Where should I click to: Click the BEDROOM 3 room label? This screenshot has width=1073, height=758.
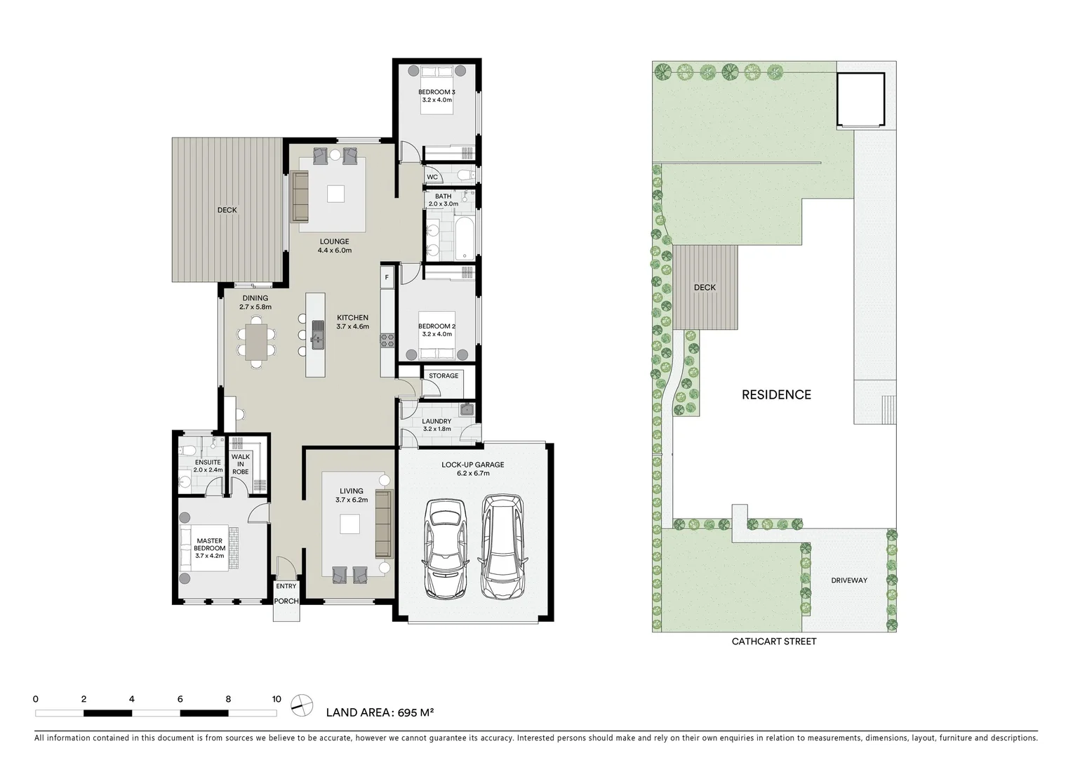pyautogui.click(x=436, y=92)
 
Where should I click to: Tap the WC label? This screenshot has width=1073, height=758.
pyautogui.click(x=432, y=177)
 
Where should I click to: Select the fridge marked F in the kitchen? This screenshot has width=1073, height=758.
pyautogui.click(x=387, y=277)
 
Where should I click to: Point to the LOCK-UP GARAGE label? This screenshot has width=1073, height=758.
pyautogui.click(x=472, y=465)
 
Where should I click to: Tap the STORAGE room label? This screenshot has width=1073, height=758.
pyautogui.click(x=444, y=376)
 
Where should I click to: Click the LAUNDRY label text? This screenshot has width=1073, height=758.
pyautogui.click(x=436, y=422)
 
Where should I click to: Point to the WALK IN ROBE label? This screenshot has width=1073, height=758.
pyautogui.click(x=241, y=464)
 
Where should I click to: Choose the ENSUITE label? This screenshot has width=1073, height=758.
pyautogui.click(x=208, y=463)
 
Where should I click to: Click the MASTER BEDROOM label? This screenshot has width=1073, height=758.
pyautogui.click(x=210, y=545)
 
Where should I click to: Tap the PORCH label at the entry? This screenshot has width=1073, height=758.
pyautogui.click(x=286, y=601)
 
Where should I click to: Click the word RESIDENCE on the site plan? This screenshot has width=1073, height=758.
pyautogui.click(x=776, y=395)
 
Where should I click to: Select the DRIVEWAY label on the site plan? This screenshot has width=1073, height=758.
pyautogui.click(x=849, y=580)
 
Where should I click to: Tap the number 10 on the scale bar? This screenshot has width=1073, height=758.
pyautogui.click(x=276, y=699)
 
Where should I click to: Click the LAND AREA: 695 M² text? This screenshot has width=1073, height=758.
pyautogui.click(x=380, y=713)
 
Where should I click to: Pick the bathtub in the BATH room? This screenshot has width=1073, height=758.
pyautogui.click(x=464, y=239)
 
